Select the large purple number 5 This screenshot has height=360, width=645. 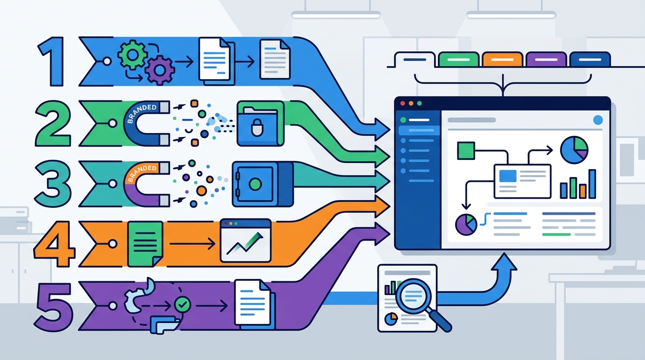point(54,307)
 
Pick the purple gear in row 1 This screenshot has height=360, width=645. point(160,70)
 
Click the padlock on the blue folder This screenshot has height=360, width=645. point(256,128)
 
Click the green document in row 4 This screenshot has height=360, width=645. point(145,244)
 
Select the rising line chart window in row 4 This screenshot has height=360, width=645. point(245,241)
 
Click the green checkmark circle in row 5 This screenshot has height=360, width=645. point(182,304)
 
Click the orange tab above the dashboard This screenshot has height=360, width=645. point(502,60)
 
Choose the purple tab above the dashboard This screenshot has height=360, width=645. point(546,60)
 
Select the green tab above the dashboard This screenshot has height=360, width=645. point(458,60)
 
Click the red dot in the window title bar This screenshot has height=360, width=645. point(403,104)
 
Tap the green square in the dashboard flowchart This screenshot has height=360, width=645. point(466,150)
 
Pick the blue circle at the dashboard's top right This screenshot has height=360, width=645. point(598,120)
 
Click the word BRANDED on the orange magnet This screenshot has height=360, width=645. point(142,173)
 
